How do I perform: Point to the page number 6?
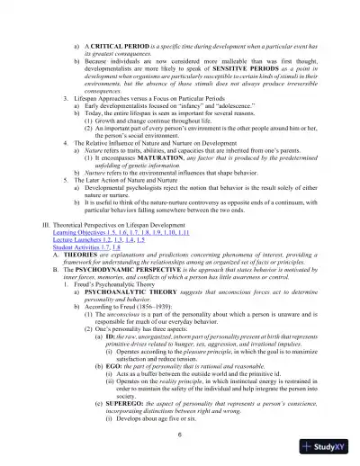[x=180, y=435]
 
